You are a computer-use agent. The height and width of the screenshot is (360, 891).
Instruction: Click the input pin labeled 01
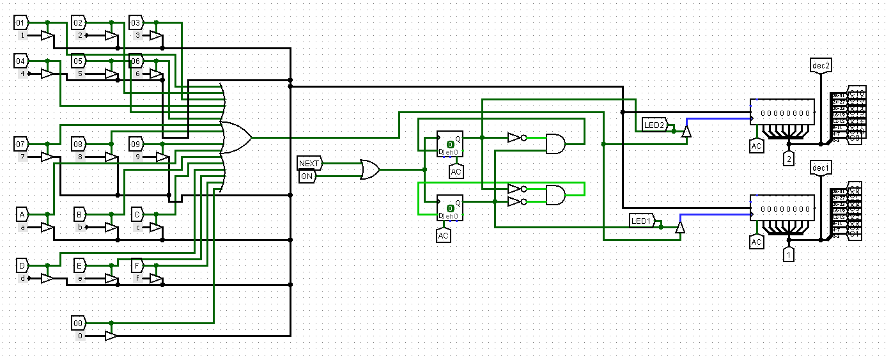(21, 23)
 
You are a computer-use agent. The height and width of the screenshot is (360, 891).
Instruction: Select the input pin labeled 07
(21, 144)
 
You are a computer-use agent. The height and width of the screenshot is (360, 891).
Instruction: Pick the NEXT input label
(309, 164)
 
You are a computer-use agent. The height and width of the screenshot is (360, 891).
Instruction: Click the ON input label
(307, 176)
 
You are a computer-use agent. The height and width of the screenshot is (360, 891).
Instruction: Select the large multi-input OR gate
(235, 137)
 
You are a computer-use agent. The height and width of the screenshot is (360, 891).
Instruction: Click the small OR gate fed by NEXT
(369, 169)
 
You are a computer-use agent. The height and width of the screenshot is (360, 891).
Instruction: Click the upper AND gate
(555, 144)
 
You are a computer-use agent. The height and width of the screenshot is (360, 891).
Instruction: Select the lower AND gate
(555, 195)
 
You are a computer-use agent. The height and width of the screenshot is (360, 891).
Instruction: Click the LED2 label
(655, 125)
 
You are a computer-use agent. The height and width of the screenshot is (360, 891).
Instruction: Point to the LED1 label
(641, 221)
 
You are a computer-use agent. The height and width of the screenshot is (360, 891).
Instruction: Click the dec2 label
(821, 65)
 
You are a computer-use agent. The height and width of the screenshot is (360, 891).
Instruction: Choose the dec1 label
(821, 168)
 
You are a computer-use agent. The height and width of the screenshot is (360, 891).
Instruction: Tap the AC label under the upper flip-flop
(456, 171)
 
